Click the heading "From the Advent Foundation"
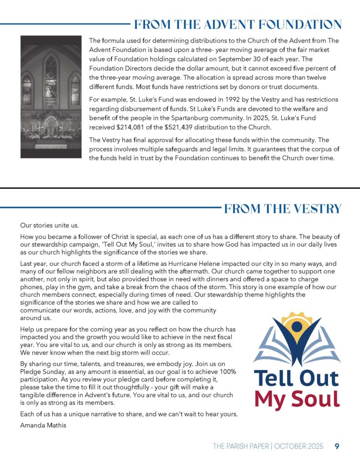(x=237, y=24)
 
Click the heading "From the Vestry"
(x=283, y=209)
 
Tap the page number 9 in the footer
(x=337, y=446)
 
